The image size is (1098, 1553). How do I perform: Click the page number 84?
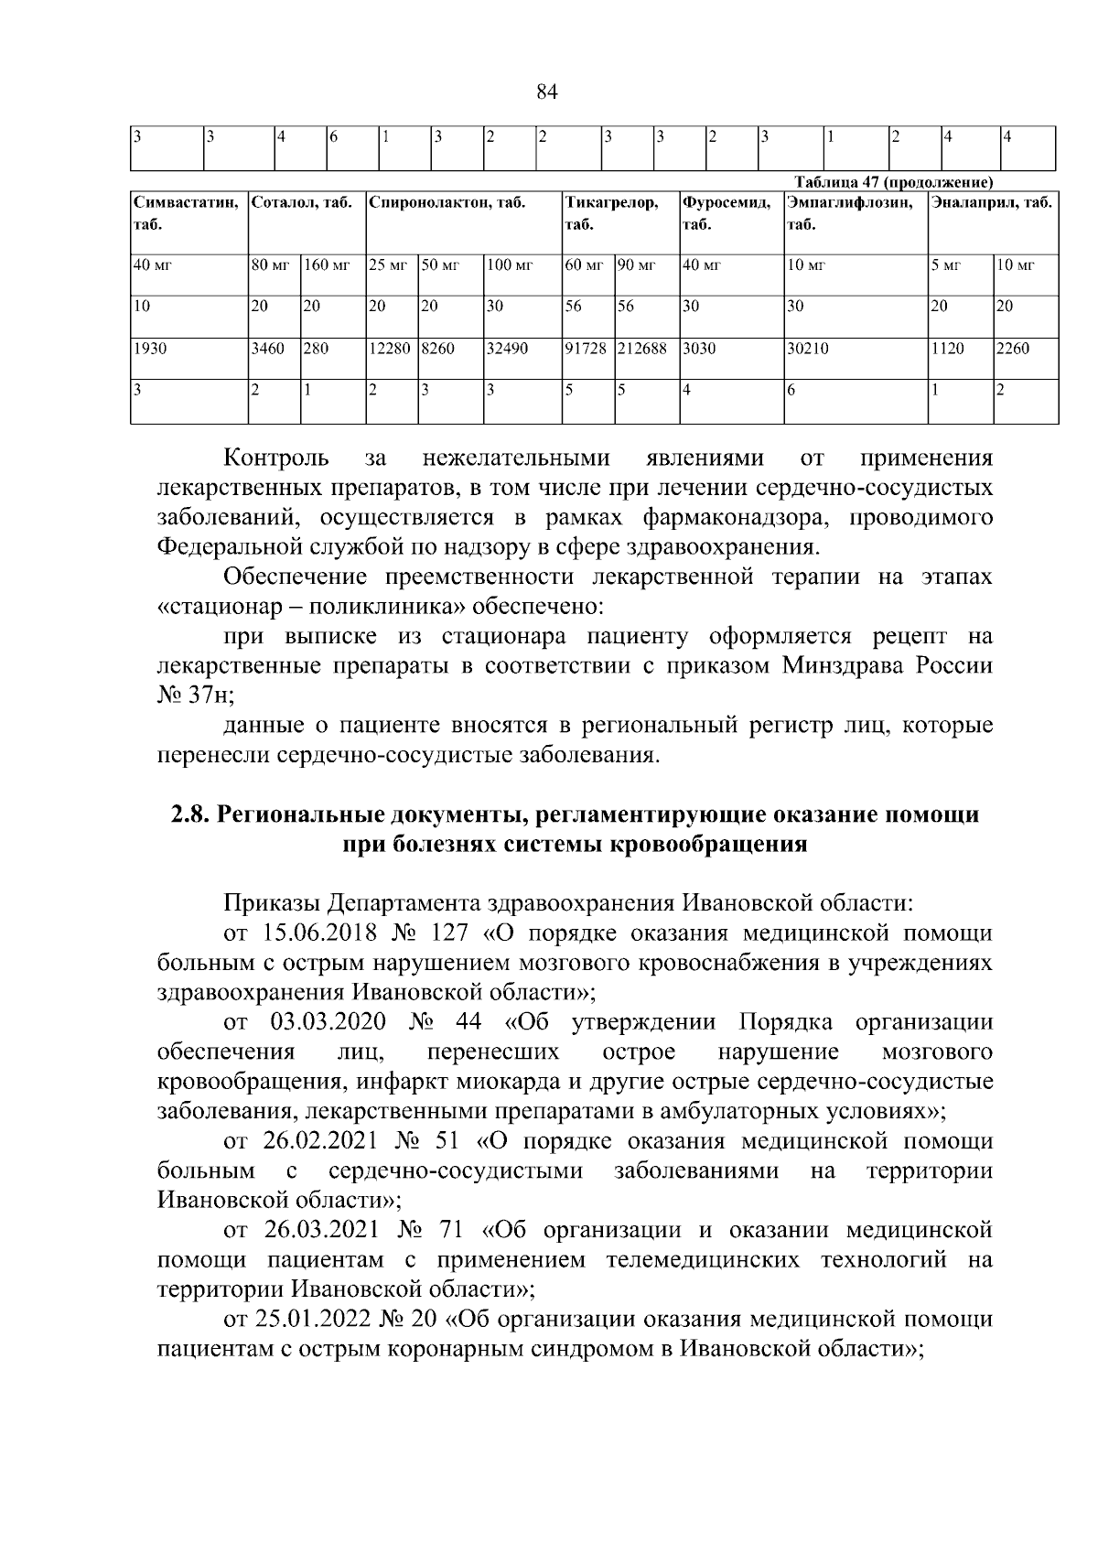[x=546, y=92]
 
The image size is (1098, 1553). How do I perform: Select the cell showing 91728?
[x=586, y=349]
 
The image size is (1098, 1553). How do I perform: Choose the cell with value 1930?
[x=148, y=349]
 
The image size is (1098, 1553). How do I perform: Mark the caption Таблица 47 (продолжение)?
[x=888, y=180]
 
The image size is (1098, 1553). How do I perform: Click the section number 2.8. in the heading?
[x=191, y=814]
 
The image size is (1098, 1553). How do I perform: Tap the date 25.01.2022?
[x=314, y=1321]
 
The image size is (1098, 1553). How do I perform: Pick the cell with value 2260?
[x=1012, y=349]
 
